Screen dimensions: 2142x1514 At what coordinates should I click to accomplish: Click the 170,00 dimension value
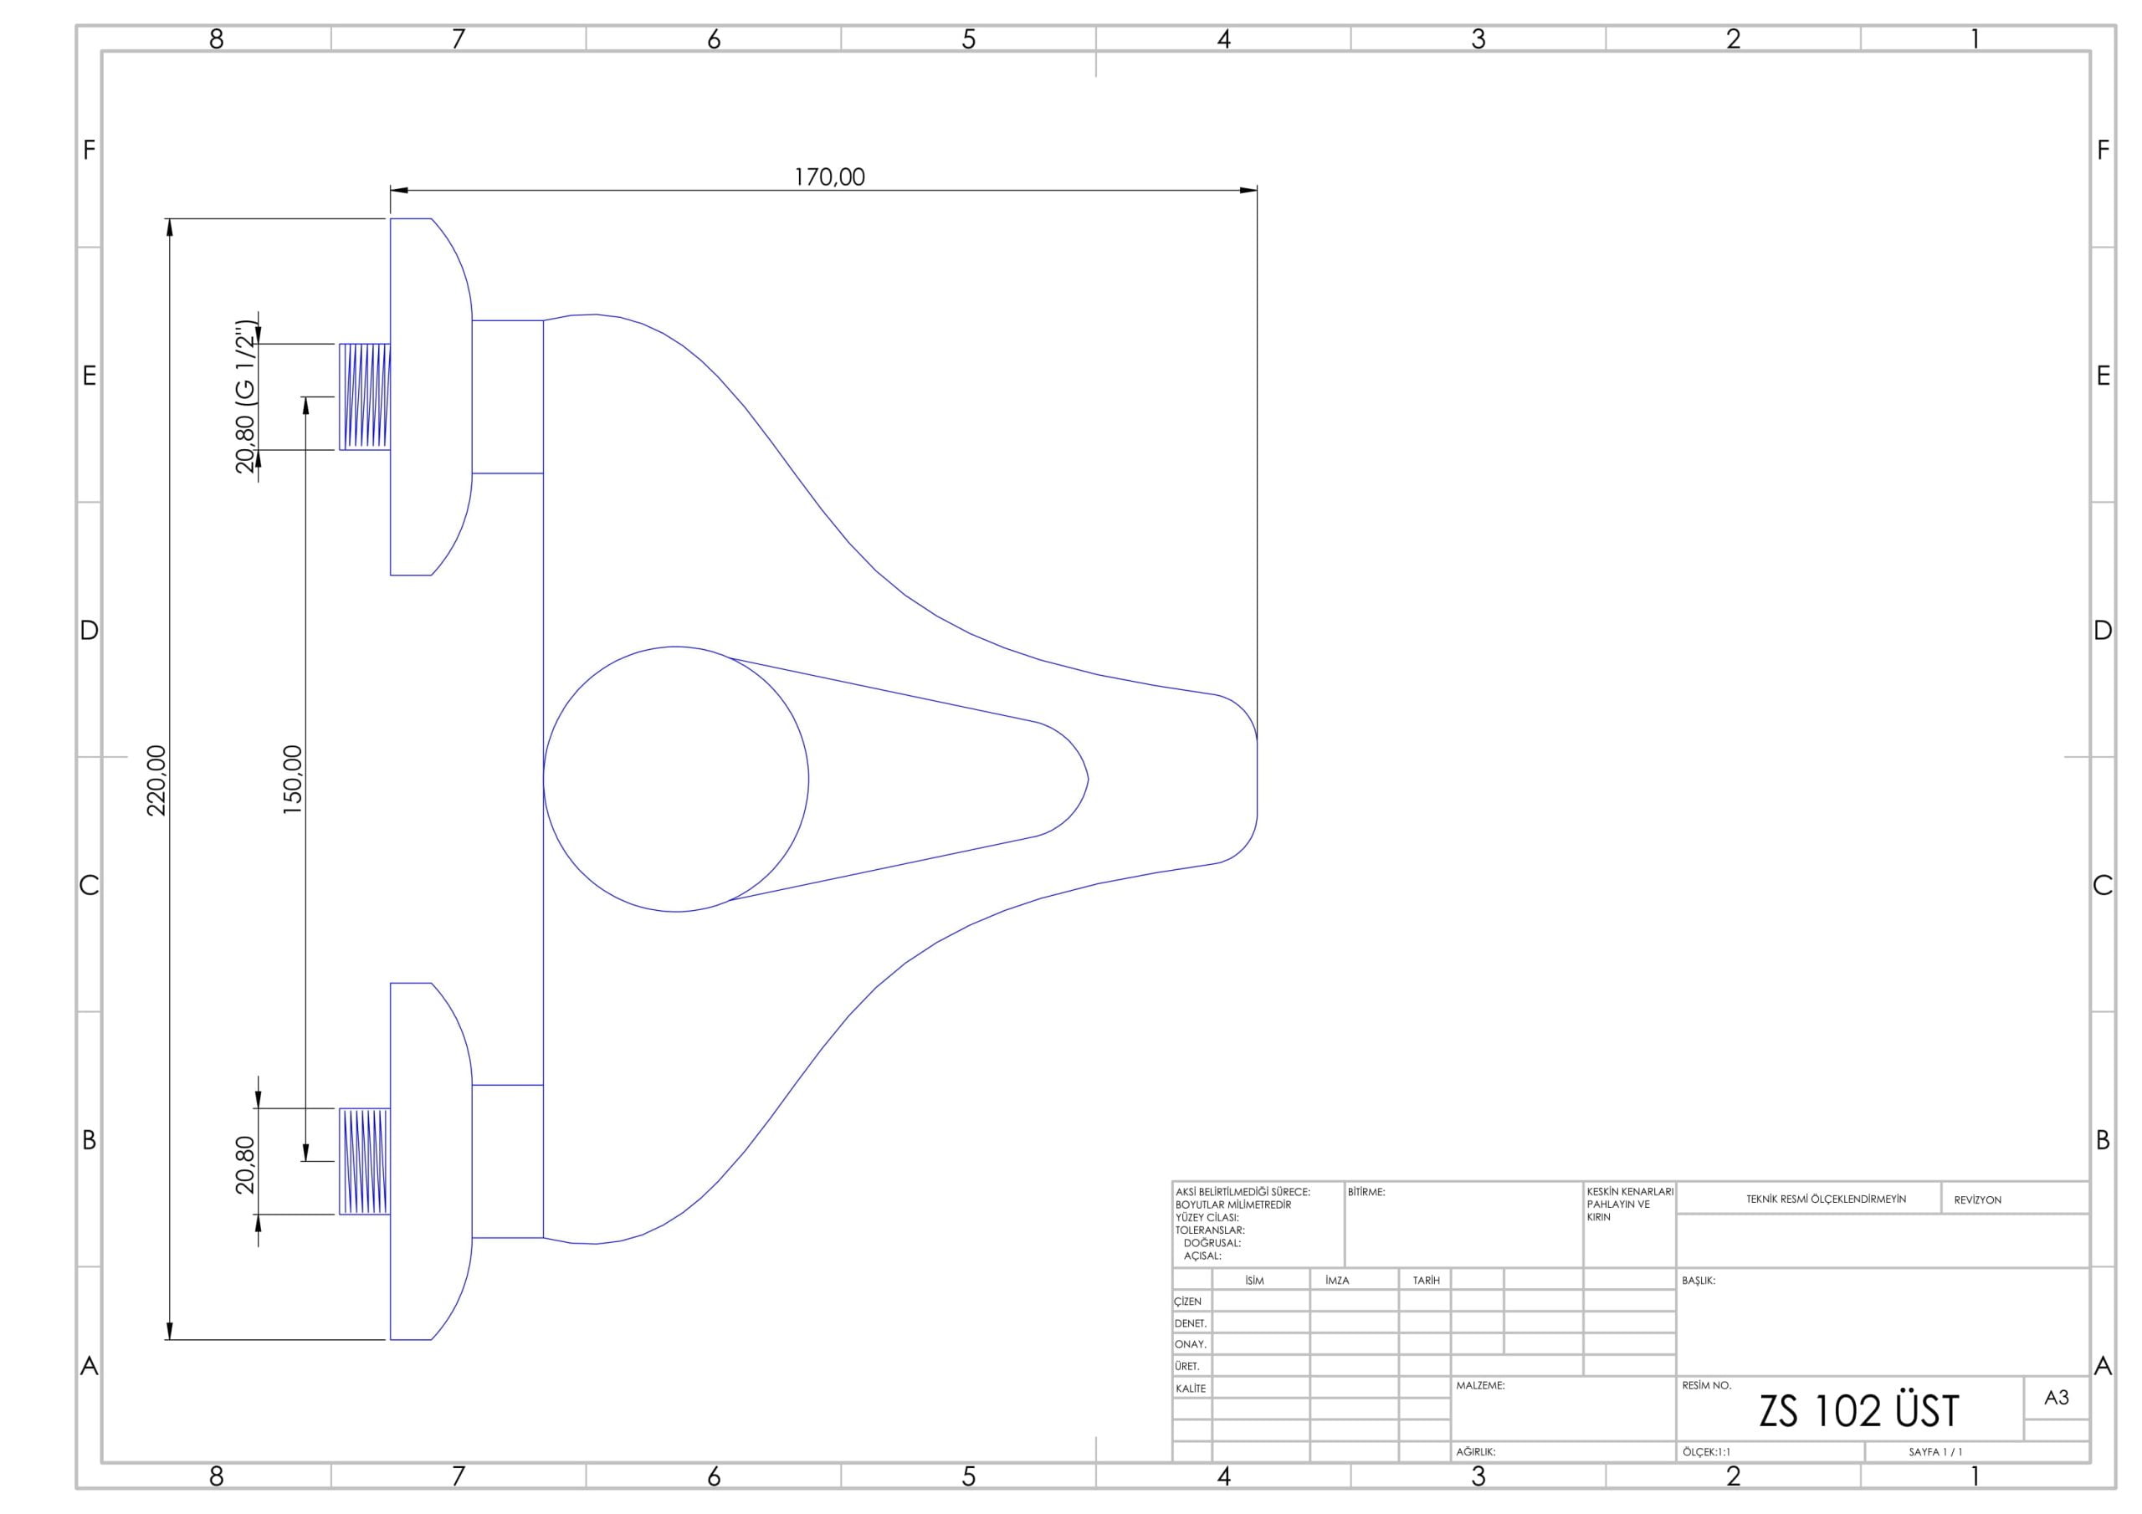829,177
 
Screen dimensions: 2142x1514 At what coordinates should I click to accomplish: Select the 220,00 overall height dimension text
156,780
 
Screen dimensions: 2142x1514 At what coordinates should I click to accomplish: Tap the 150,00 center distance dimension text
293,780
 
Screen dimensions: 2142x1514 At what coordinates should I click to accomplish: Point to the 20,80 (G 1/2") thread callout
245,396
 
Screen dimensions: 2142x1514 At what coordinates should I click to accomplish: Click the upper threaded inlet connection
365,396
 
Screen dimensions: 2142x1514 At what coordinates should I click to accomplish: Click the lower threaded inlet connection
365,1161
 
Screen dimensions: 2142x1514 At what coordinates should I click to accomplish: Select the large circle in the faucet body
544,779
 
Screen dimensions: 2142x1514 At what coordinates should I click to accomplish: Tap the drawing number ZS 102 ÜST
1858,1411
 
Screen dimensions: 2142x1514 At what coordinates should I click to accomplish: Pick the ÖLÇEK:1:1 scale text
1706,1452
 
